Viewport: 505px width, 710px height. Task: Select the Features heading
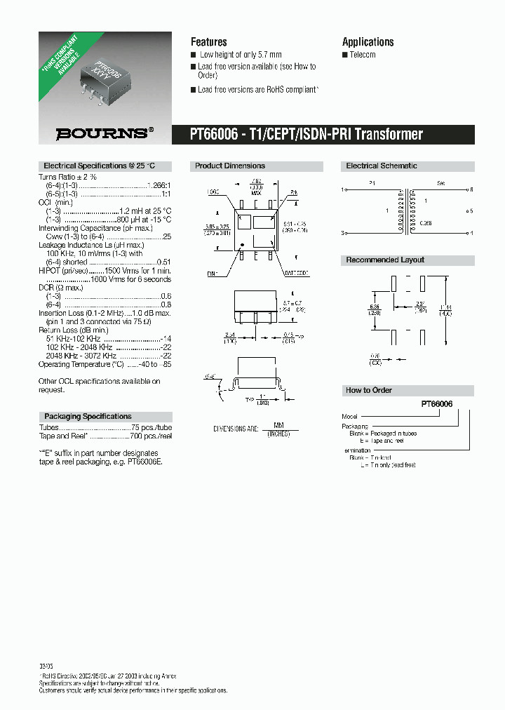click(x=209, y=42)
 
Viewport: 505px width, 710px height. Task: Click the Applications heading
click(x=368, y=42)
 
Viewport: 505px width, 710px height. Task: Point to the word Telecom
click(x=362, y=55)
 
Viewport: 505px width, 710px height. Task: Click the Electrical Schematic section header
click(x=382, y=166)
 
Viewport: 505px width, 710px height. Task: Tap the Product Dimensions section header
click(x=230, y=166)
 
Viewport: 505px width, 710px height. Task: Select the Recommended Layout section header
click(x=385, y=260)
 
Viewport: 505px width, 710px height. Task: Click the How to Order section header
click(x=369, y=390)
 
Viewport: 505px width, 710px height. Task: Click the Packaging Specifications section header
click(x=88, y=416)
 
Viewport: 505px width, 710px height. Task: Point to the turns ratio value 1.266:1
click(x=159, y=185)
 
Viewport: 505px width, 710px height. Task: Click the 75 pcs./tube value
click(x=151, y=427)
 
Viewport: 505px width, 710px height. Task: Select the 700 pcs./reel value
click(x=151, y=436)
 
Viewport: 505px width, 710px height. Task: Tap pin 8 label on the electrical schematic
click(x=472, y=189)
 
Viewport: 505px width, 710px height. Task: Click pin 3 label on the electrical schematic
click(x=344, y=233)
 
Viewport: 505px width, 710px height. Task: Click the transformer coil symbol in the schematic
click(x=405, y=211)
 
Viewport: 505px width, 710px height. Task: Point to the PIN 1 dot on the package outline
click(x=243, y=246)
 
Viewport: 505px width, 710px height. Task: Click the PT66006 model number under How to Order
click(x=436, y=405)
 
